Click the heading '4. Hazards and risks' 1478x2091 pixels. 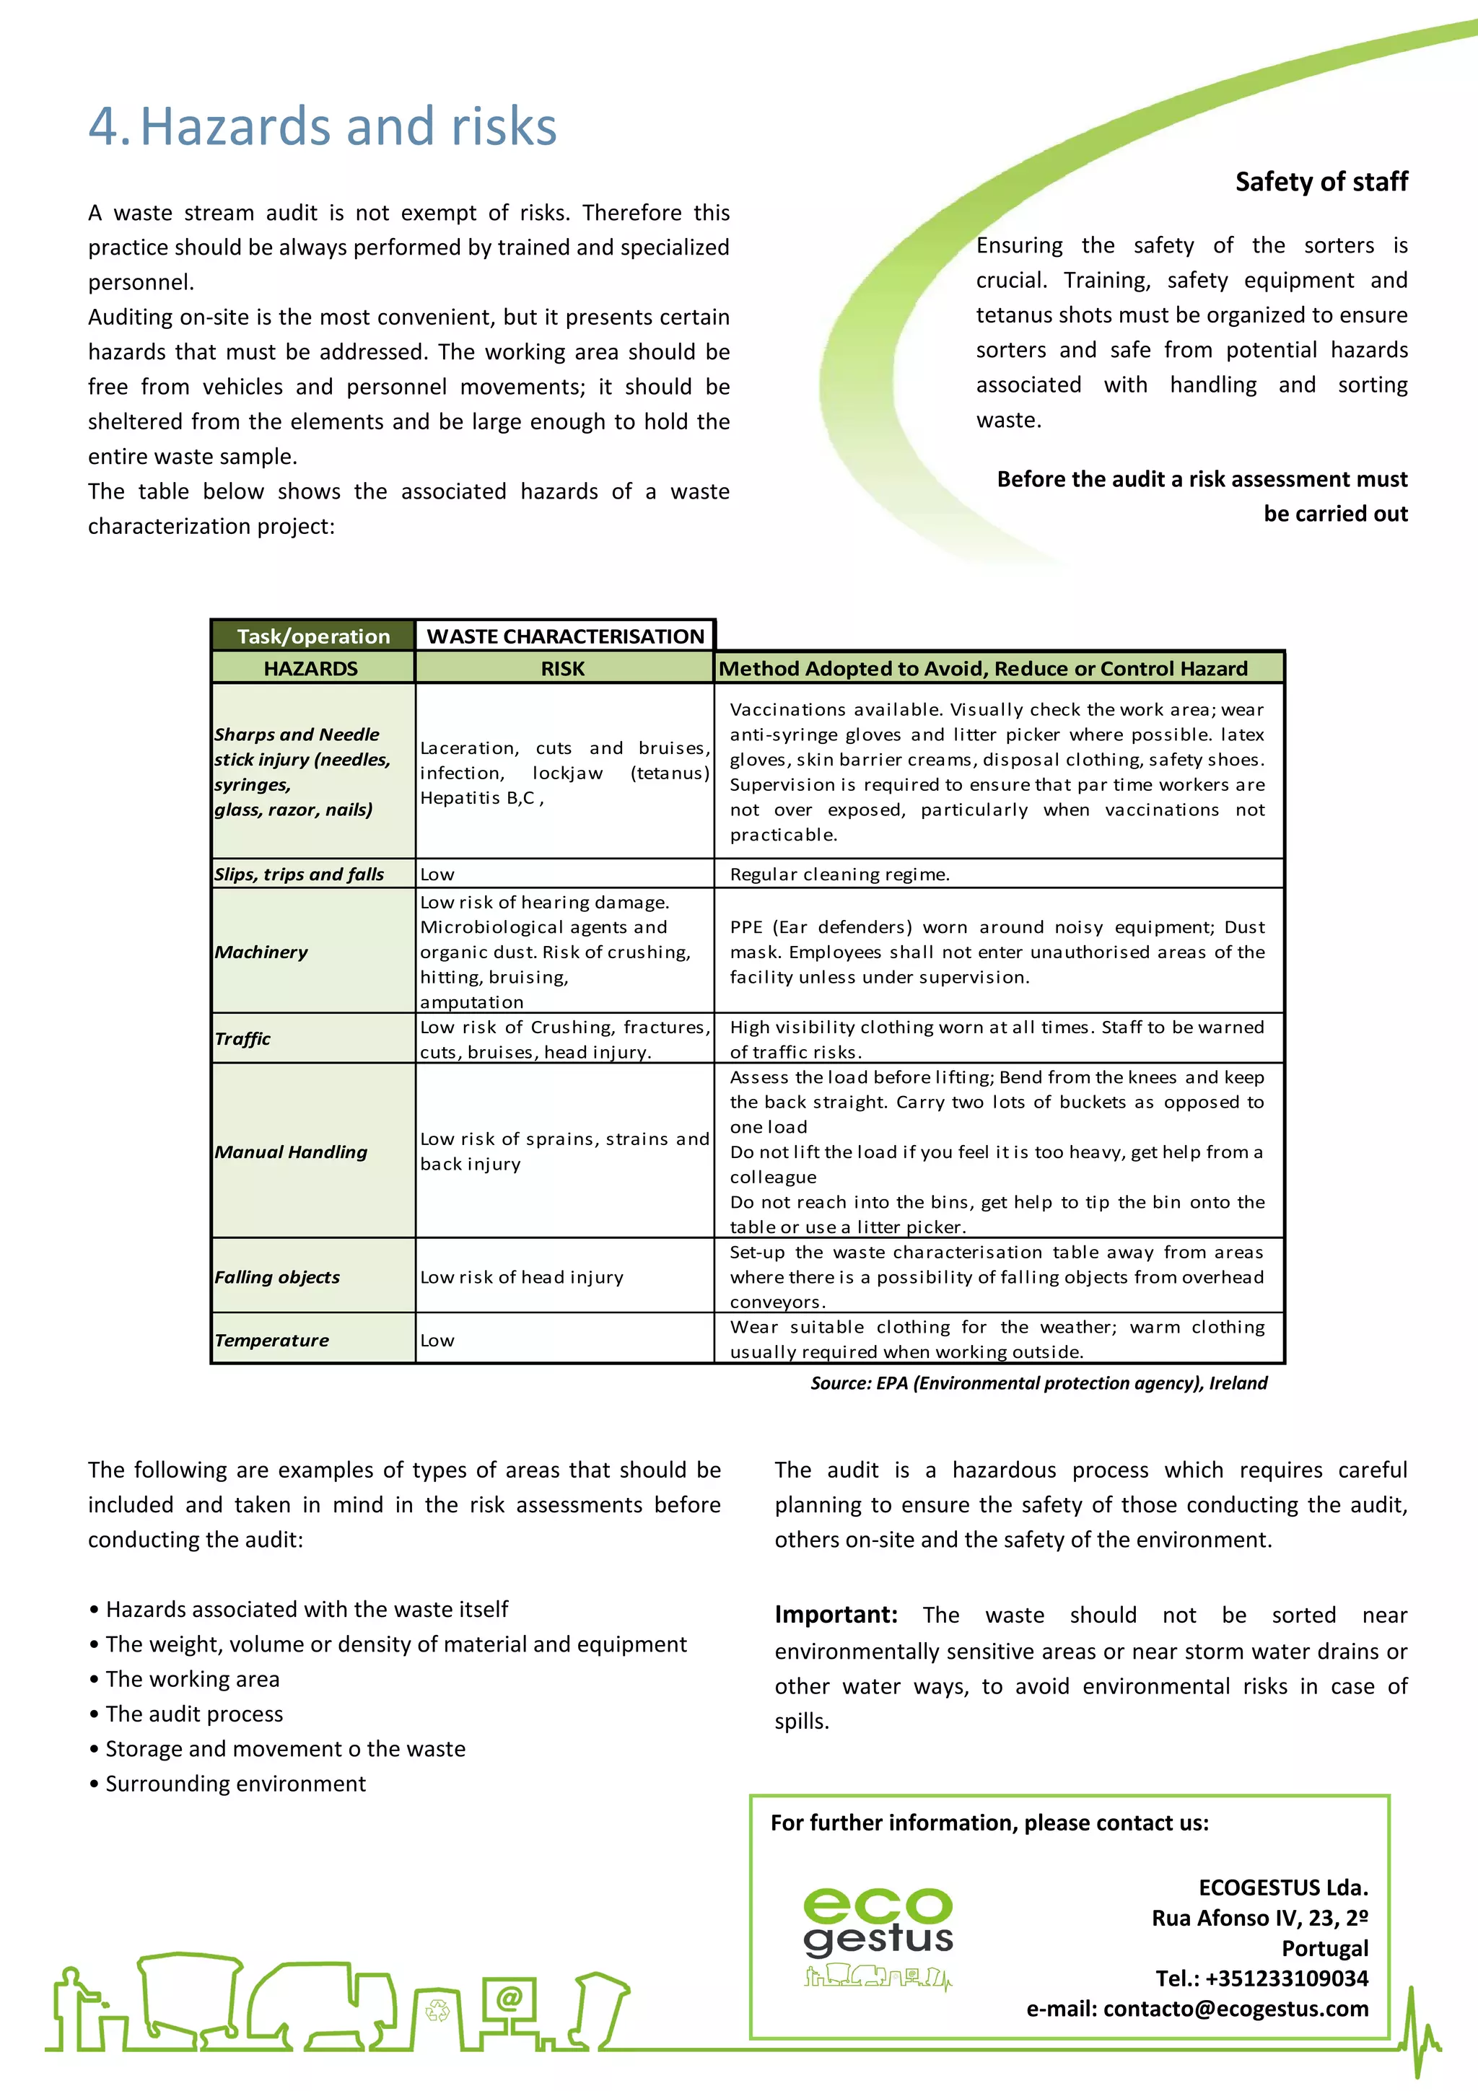[323, 126]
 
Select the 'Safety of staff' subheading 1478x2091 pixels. [1321, 182]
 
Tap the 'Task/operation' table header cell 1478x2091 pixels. [313, 636]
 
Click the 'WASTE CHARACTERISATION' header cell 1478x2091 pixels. [566, 636]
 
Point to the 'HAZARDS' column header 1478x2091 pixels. [312, 668]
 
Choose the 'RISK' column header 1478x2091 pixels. [563, 668]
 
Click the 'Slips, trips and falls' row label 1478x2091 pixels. [299, 874]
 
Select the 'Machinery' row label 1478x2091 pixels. [261, 952]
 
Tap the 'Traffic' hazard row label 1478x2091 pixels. [243, 1038]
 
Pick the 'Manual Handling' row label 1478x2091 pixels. [292, 1152]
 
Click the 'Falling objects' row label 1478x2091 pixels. [278, 1277]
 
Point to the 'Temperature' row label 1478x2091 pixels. [272, 1340]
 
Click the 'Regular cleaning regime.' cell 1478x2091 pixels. [839, 874]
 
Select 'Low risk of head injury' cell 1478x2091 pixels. [522, 1277]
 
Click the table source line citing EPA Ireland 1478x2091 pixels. [1038, 1382]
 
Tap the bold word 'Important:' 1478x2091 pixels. [836, 1615]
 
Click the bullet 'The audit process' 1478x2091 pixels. [194, 1713]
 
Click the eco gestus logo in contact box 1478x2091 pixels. [878, 1935]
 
